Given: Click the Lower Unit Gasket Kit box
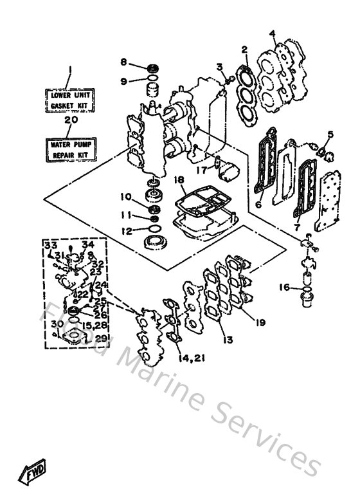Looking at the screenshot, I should click(71, 100).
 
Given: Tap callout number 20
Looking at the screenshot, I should click(71, 120).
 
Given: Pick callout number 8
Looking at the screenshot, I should click(123, 62).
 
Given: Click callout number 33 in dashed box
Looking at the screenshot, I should click(50, 246).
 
